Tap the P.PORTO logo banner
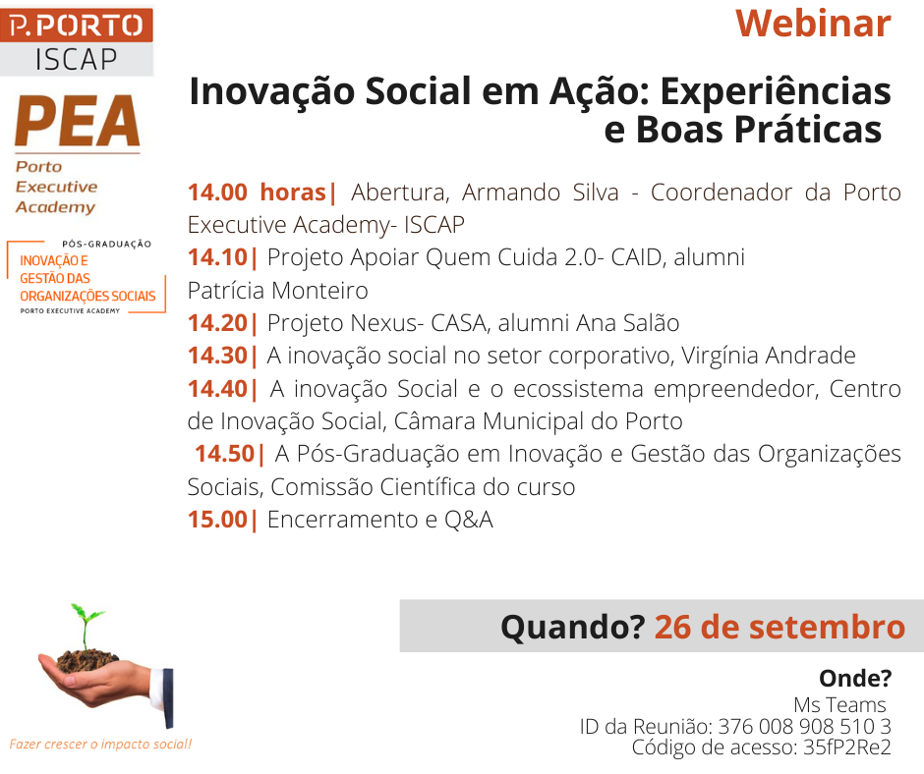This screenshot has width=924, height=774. coord(77,26)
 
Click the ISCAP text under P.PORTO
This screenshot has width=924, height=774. coord(76,60)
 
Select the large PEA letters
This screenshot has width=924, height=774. coord(78,121)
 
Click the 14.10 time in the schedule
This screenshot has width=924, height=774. coord(217,257)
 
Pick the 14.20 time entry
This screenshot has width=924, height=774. coord(217,323)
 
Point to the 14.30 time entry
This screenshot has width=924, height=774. coord(217,356)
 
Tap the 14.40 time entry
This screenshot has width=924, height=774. coord(217,389)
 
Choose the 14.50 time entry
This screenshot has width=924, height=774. coord(224,454)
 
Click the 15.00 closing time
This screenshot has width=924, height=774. coord(217,520)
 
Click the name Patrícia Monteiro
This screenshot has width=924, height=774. coord(277,291)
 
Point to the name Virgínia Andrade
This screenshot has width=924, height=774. coord(769,356)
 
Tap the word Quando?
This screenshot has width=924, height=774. coord(573,627)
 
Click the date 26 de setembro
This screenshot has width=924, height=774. coord(780,627)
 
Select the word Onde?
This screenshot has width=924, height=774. coord(855,678)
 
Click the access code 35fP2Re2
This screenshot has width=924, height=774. coord(846,746)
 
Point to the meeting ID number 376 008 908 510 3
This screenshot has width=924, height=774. coord(804,726)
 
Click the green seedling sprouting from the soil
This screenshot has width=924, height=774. coord(87,626)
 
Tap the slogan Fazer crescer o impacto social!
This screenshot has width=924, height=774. coord(101,744)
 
